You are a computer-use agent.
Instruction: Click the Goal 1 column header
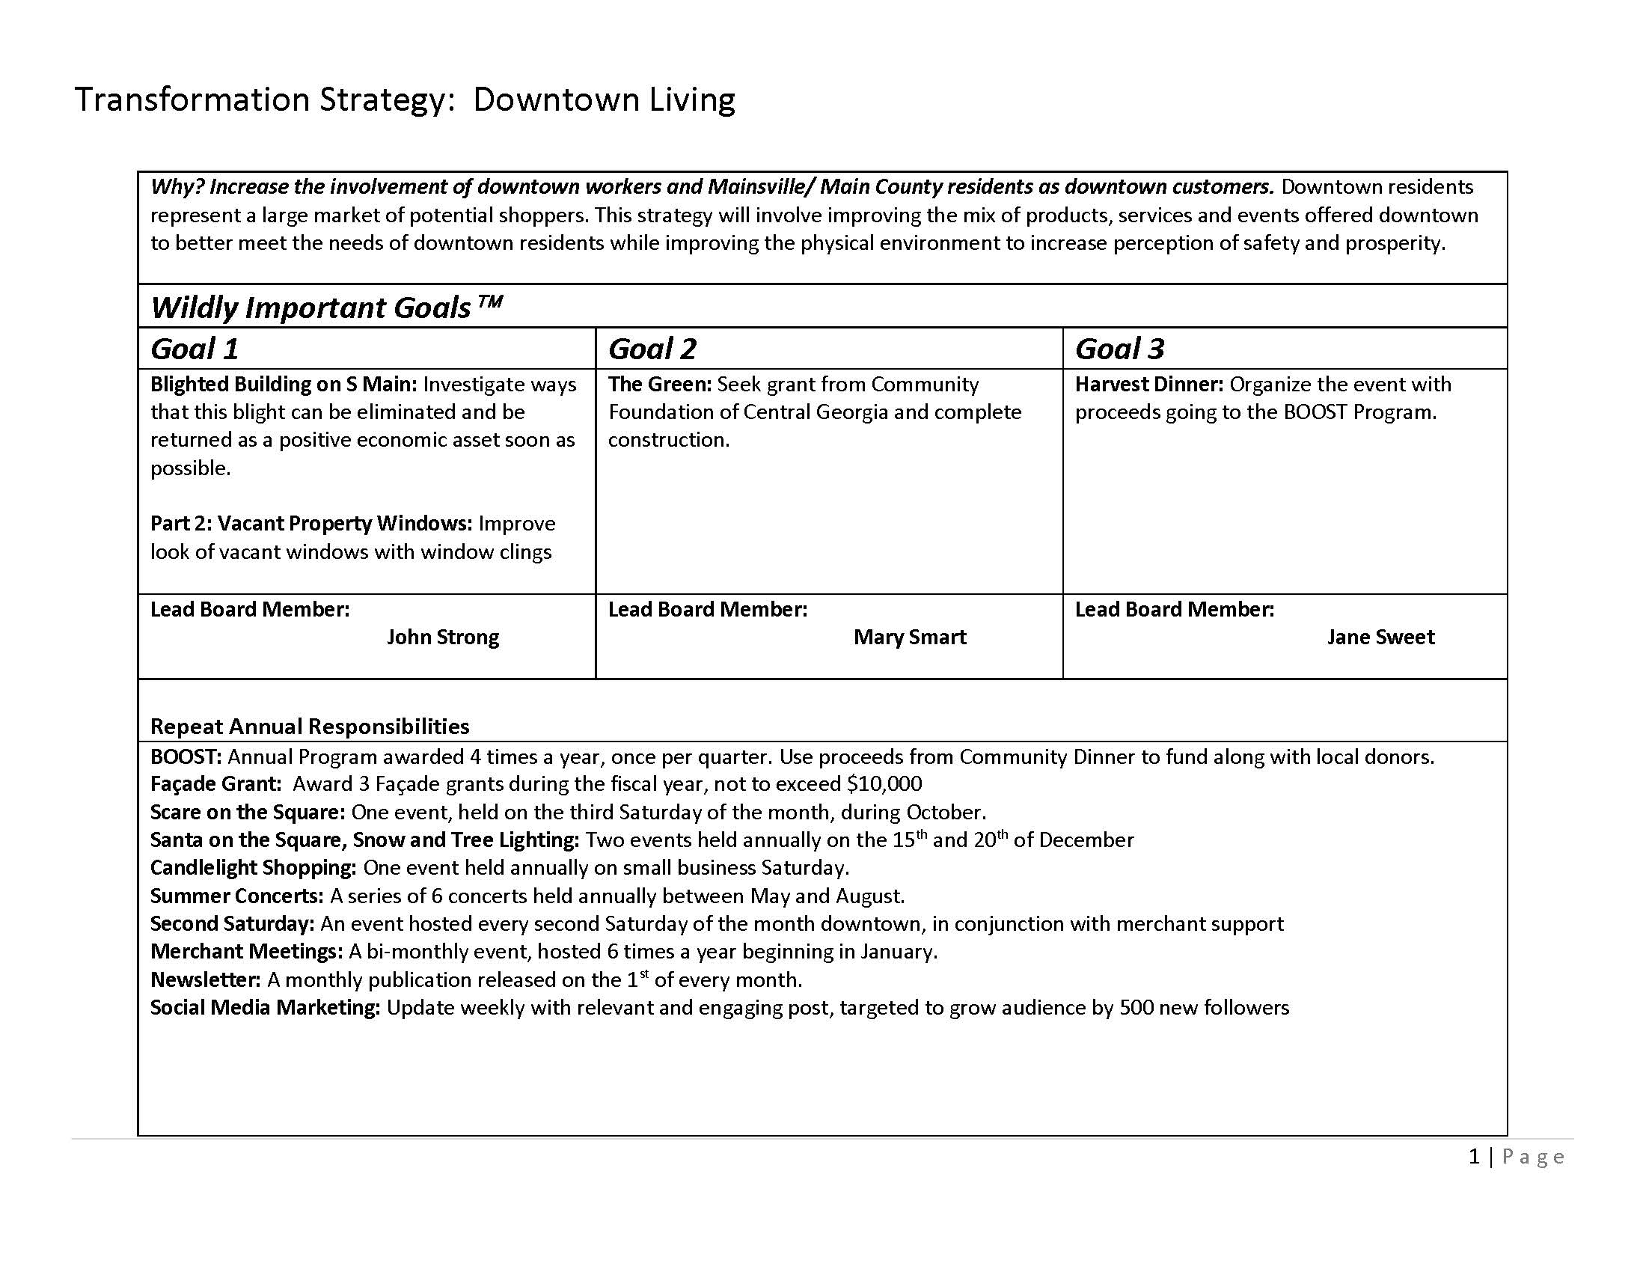pyautogui.click(x=195, y=349)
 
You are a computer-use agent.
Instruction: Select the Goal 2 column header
pyautogui.click(x=652, y=349)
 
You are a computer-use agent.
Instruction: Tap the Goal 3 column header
pyautogui.click(x=1119, y=349)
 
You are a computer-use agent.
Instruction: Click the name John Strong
pyautogui.click(x=442, y=637)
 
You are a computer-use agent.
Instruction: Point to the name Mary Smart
pyautogui.click(x=910, y=637)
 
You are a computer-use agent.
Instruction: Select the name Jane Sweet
pyautogui.click(x=1380, y=637)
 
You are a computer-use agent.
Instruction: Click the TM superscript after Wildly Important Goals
pyautogui.click(x=490, y=302)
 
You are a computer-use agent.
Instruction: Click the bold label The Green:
pyautogui.click(x=659, y=385)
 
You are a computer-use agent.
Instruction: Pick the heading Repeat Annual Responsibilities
pyautogui.click(x=310, y=727)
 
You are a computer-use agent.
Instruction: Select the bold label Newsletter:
pyautogui.click(x=205, y=980)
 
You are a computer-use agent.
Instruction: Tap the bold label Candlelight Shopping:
pyautogui.click(x=253, y=868)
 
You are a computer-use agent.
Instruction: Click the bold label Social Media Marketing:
pyautogui.click(x=266, y=1009)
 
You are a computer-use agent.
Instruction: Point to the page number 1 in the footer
pyautogui.click(x=1474, y=1157)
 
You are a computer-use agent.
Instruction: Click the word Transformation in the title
pyautogui.click(x=192, y=100)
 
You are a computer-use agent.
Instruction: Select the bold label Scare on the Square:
pyautogui.click(x=247, y=813)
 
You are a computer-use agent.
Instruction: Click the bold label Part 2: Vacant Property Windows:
pyautogui.click(x=311, y=524)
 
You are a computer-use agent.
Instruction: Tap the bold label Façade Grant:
pyautogui.click(x=215, y=784)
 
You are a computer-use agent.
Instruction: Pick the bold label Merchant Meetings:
pyautogui.click(x=246, y=952)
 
